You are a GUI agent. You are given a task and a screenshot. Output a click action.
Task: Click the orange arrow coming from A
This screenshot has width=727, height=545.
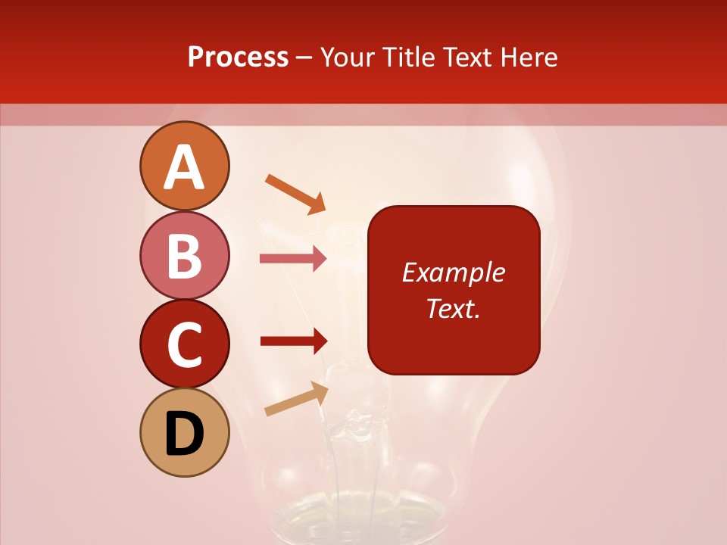[295, 193]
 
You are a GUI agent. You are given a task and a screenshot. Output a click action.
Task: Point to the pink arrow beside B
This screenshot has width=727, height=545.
[293, 259]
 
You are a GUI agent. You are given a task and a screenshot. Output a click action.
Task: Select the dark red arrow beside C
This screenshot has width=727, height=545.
[294, 341]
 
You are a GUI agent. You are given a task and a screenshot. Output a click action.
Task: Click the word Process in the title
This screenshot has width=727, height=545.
[238, 57]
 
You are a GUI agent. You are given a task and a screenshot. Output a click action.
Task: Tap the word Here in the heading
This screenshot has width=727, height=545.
[529, 57]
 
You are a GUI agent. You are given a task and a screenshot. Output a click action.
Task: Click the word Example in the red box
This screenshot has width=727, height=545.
[453, 272]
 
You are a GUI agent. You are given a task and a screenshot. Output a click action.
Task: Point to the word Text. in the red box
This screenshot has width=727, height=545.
[453, 308]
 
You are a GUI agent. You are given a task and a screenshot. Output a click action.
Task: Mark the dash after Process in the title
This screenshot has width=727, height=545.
[304, 58]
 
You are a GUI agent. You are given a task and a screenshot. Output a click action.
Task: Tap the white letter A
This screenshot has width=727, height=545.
[184, 167]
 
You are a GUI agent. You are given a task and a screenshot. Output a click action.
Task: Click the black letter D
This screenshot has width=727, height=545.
[184, 434]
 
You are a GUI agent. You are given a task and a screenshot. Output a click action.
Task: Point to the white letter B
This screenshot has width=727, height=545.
[184, 255]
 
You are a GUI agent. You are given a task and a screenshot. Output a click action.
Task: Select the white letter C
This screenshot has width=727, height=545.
[184, 344]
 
